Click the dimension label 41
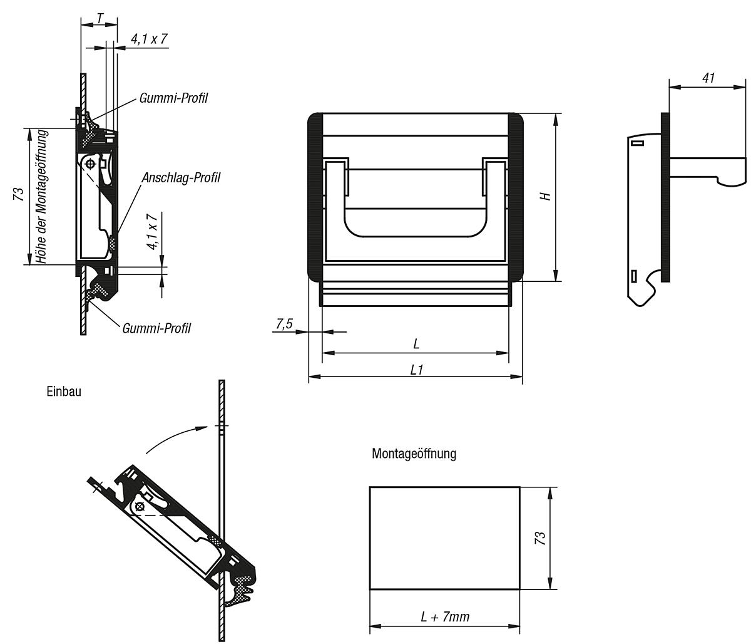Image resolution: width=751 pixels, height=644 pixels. point(708,78)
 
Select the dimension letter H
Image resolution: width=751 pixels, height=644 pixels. point(546,196)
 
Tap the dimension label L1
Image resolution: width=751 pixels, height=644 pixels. point(416,370)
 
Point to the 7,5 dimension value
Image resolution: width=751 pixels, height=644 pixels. point(284,324)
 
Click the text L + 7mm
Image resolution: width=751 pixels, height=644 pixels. point(444,617)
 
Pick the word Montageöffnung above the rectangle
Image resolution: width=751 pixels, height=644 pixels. point(414,453)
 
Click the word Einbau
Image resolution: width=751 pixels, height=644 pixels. point(63,392)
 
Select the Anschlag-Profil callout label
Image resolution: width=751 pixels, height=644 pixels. point(181,178)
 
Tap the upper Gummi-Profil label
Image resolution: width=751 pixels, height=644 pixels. point(173,98)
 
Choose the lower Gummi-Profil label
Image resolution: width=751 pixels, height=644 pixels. point(156,328)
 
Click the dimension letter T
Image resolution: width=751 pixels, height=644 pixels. point(100,19)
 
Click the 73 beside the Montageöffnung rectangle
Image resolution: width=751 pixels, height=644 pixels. point(541,538)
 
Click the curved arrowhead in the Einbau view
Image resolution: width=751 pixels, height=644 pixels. point(200,428)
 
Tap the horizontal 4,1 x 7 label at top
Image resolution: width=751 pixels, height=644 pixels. point(148,39)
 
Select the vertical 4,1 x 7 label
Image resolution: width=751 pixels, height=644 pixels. point(152,232)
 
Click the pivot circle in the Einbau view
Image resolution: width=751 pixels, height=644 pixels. point(140,506)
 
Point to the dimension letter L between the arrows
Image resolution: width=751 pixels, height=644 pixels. point(416,344)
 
